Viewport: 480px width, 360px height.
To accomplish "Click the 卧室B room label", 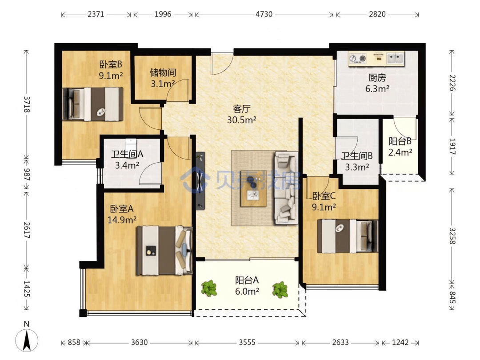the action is coord(111,64).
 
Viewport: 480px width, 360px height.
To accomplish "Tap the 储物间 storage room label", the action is coord(163,73).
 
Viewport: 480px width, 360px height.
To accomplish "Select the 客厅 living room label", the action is coord(241,109).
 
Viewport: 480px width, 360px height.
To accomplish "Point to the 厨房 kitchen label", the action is coord(377,78).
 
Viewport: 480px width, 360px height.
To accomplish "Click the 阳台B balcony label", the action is coord(400,141).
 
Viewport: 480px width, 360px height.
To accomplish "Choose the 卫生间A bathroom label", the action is coord(127,154).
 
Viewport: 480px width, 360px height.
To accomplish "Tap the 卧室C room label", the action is coord(324,196).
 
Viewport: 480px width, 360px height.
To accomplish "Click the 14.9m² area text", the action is coord(122,220).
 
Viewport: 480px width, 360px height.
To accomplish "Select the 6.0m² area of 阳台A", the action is coord(247,291).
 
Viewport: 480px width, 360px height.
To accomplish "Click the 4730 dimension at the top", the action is coord(264,14).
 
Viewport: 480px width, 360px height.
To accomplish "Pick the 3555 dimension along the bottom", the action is coord(247,342).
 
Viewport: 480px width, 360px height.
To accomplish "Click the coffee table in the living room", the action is coord(253,188).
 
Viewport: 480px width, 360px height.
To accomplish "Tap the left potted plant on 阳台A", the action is coord(209,288).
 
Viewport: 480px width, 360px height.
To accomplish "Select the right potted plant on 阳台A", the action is coord(280,290).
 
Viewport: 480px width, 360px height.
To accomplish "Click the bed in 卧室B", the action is coord(93,104).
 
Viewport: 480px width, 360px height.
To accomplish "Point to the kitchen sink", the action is coord(395,58).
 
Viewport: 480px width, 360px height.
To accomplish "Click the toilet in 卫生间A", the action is coord(131,144).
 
